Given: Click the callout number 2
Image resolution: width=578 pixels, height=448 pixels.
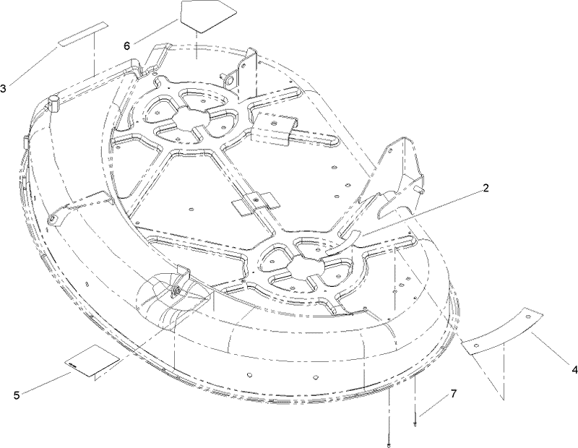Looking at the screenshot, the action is [486, 188].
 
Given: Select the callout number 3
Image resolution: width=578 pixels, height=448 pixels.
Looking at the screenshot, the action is [4, 88].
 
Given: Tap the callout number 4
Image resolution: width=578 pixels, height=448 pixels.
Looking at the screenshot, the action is [574, 369].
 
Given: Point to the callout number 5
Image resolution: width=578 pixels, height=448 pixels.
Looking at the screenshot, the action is [16, 395].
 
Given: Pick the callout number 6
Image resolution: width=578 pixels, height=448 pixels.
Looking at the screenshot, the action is [127, 46].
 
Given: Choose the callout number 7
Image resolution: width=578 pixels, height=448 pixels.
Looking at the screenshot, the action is [453, 394].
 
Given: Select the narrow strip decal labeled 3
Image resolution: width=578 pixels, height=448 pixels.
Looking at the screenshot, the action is [82, 34].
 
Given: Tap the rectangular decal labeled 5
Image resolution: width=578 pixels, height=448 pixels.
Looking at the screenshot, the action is [92, 361].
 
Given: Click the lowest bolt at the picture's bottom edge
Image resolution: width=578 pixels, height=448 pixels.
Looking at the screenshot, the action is [389, 445].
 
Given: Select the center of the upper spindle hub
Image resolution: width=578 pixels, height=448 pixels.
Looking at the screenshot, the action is [191, 119].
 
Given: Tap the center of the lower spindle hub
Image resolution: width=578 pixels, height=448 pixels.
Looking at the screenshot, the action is [305, 268].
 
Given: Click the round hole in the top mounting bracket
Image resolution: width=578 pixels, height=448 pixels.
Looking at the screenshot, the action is [230, 80].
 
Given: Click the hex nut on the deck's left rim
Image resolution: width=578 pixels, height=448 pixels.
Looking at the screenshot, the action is [53, 103].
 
